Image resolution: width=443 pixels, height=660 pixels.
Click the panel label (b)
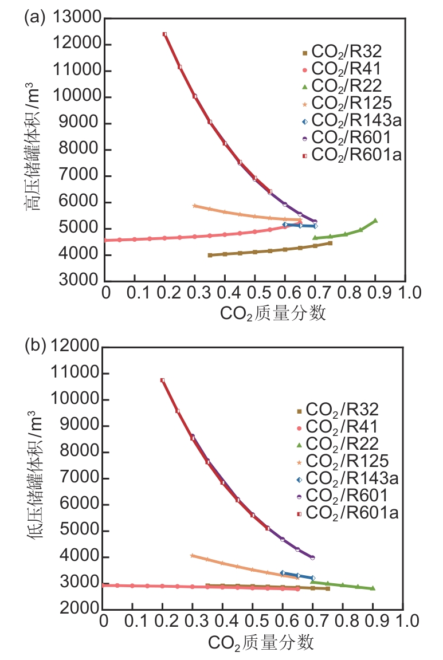pos(34,346)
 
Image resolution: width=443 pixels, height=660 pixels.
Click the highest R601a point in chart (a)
pos(164,34)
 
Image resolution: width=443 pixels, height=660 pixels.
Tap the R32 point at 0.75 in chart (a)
pos(330,243)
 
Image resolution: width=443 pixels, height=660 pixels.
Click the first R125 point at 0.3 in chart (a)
pos(195,206)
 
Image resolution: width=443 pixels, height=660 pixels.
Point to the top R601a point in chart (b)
pos(163,380)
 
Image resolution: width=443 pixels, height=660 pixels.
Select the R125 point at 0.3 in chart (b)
pos(193,555)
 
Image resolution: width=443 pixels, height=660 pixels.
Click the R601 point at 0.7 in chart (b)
pos(312,557)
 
